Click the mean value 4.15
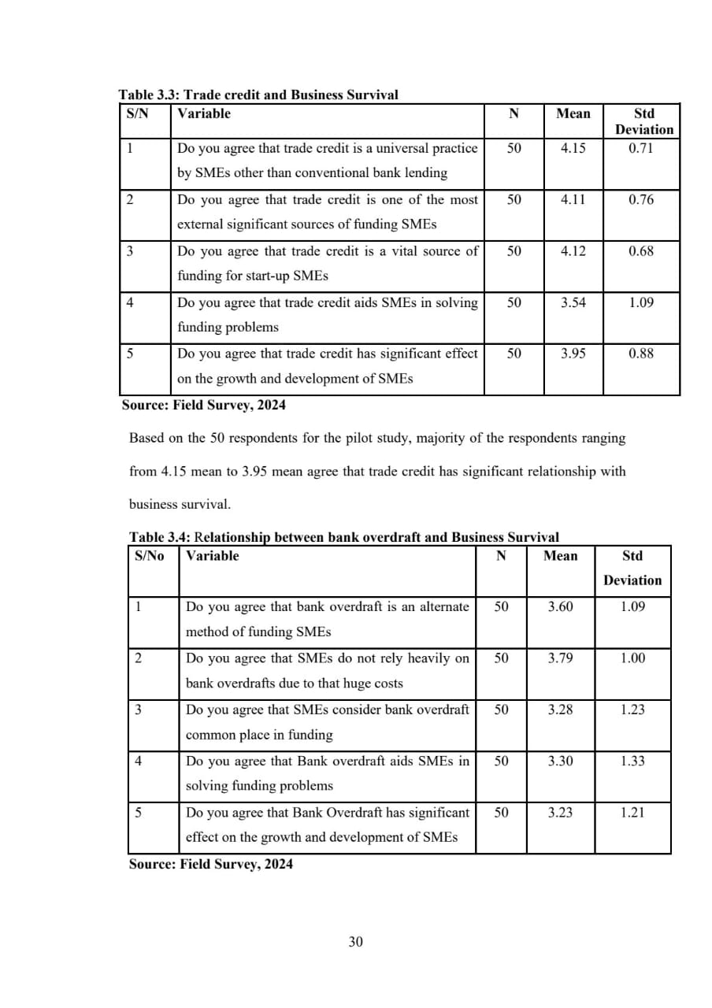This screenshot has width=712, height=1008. (573, 148)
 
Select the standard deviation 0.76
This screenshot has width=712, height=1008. (641, 199)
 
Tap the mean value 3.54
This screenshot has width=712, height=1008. (573, 302)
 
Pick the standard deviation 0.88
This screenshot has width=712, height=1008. (641, 354)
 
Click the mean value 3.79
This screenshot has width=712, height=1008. (560, 658)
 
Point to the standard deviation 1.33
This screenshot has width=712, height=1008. (632, 761)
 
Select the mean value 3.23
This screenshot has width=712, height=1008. (560, 812)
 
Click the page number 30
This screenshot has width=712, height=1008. (356, 942)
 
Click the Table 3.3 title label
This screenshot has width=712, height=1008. (258, 95)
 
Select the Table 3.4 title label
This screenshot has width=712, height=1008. (343, 538)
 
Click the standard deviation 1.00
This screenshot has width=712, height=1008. (632, 658)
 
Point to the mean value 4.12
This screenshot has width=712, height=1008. (573, 251)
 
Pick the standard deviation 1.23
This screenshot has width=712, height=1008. (632, 710)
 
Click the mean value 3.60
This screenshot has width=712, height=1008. (560, 607)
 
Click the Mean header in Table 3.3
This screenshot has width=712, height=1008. (573, 113)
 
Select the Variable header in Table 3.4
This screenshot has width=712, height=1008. (212, 556)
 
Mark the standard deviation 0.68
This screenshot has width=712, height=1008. (641, 251)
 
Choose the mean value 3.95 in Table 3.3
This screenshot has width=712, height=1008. (573, 354)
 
